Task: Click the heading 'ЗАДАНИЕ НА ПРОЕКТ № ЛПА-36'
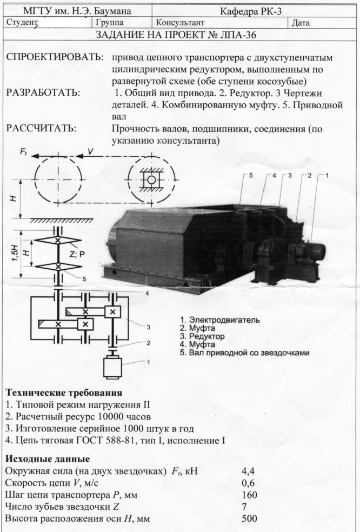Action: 180,36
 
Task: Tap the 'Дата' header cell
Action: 301,23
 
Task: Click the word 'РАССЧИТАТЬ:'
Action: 41,129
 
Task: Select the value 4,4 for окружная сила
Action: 248,471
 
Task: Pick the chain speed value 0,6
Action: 248,483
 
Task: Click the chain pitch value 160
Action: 249,495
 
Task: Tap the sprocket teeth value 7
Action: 245,507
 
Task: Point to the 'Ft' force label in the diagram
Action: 24,152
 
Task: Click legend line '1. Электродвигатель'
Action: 219,320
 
